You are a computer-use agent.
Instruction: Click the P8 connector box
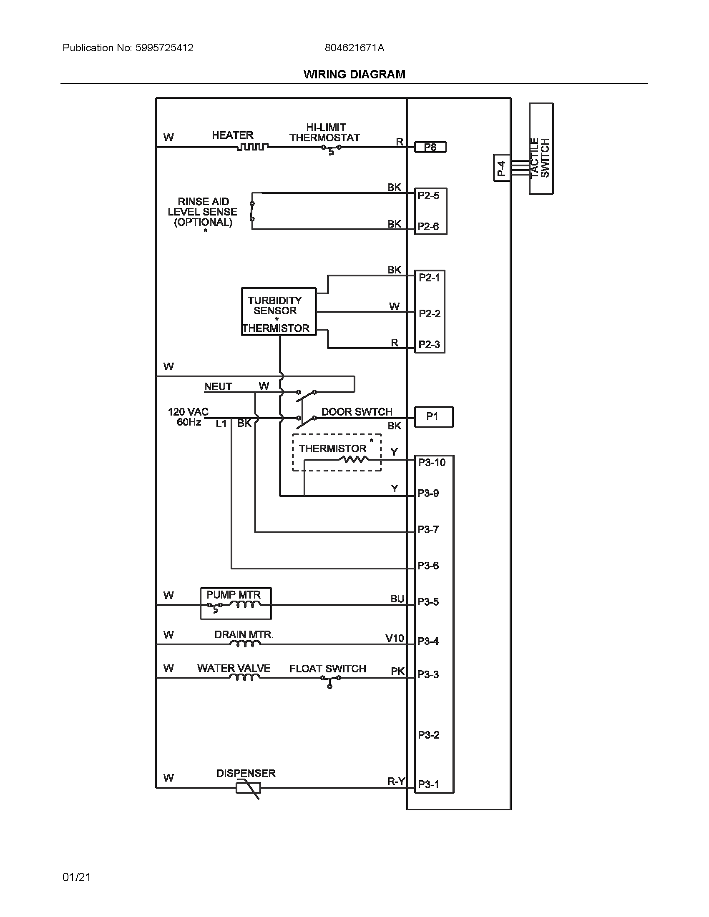430,148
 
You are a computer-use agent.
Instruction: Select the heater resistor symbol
252,147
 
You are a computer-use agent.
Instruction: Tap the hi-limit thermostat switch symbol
331,149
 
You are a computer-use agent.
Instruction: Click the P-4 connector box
501,168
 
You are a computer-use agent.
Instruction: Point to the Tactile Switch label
541,158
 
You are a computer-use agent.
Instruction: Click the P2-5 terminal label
428,195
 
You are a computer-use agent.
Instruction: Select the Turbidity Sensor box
279,311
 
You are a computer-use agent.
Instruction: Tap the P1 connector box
433,416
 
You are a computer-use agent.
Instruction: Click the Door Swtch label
357,411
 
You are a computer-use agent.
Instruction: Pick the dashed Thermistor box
337,452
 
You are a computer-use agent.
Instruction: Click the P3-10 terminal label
431,462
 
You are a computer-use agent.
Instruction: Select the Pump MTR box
236,604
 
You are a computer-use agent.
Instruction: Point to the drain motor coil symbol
243,644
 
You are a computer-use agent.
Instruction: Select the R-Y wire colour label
396,781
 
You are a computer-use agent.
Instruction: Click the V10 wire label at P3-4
395,639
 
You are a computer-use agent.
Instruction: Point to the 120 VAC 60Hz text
188,416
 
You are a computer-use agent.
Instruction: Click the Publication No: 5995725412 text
128,48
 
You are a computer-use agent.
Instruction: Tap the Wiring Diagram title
354,74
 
